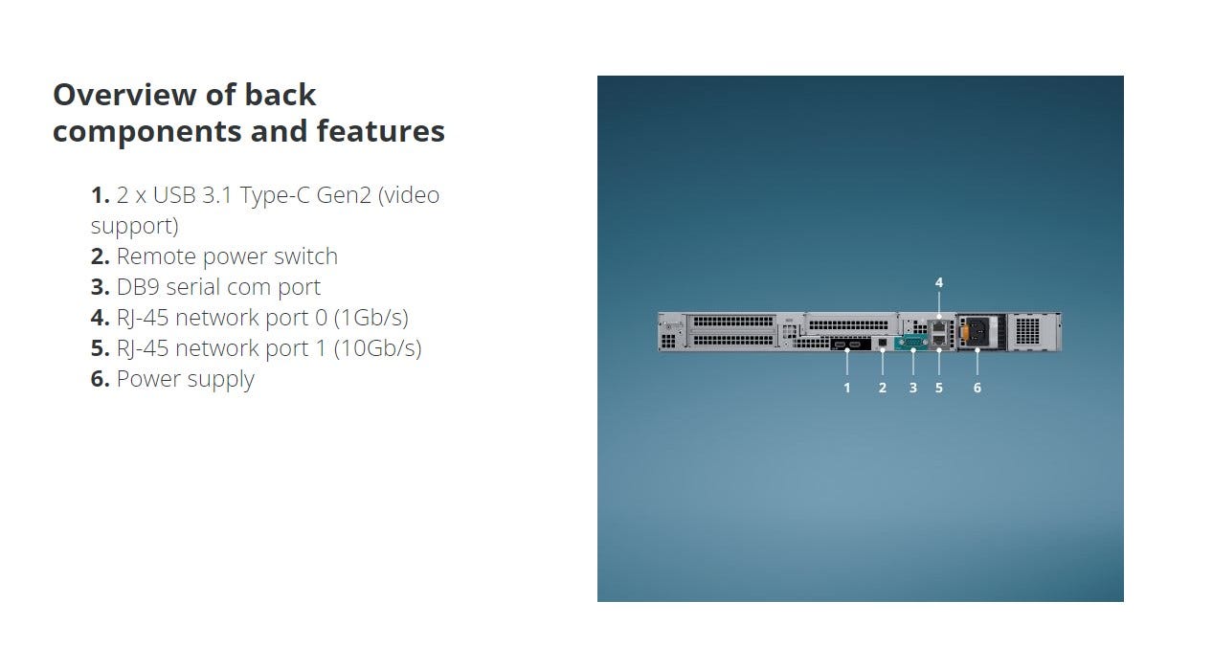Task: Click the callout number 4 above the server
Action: tap(938, 282)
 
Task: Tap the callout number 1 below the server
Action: tap(847, 388)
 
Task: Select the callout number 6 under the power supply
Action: tap(977, 388)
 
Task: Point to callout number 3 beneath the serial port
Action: tap(913, 388)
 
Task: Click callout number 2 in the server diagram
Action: tap(882, 388)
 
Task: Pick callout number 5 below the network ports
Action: tap(938, 388)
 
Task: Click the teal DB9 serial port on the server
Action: tap(911, 342)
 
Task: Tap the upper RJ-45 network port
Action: tap(939, 326)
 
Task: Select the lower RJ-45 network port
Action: tap(939, 341)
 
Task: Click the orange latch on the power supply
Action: tap(964, 331)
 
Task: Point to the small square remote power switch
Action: tap(882, 343)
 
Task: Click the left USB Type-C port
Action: tap(840, 345)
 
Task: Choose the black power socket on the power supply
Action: tap(978, 331)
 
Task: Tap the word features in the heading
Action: tap(380, 131)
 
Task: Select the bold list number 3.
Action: tap(100, 287)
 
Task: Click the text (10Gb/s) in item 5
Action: tap(377, 348)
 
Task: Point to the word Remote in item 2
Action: tap(156, 256)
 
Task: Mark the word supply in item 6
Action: tap(220, 380)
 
